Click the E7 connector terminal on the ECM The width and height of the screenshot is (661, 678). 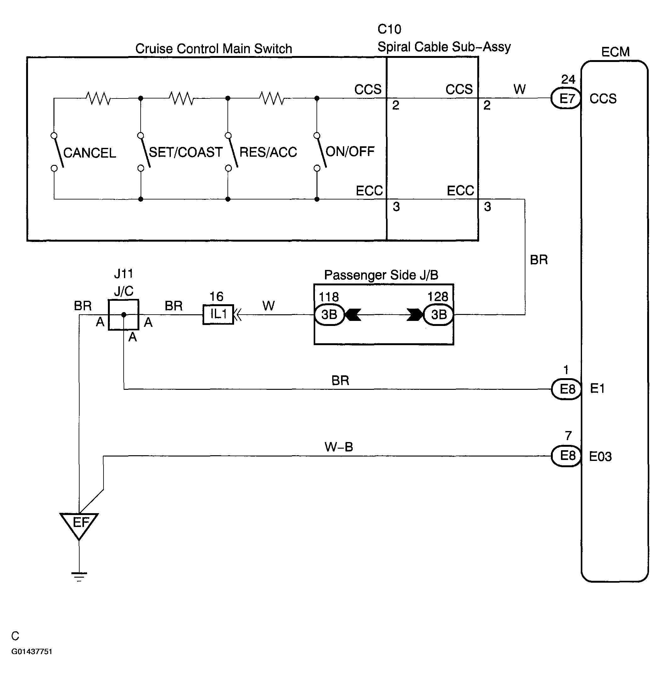(x=566, y=98)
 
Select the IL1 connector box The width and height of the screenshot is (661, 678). (x=218, y=315)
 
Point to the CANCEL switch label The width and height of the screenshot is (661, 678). (x=90, y=153)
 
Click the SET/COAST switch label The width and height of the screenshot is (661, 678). (x=186, y=152)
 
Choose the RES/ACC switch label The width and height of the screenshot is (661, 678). (x=268, y=152)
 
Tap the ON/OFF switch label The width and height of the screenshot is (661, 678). (x=350, y=151)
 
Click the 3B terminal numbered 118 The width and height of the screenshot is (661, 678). (x=329, y=315)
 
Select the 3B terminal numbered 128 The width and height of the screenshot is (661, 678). (x=439, y=315)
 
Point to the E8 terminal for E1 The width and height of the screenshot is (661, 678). (x=567, y=389)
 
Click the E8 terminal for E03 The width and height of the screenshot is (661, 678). (x=567, y=456)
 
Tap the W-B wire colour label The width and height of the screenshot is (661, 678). (x=339, y=447)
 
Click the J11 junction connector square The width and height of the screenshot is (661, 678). (x=124, y=315)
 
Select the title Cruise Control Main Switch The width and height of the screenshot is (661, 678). (x=214, y=48)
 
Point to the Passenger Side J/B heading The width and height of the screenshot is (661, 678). (x=381, y=275)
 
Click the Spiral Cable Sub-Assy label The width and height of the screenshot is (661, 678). (x=444, y=47)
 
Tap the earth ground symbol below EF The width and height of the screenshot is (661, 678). (x=79, y=577)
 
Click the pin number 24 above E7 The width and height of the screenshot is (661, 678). (x=568, y=80)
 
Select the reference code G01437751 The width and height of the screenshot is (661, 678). (x=31, y=652)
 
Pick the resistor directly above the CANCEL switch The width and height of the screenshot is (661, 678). (x=98, y=98)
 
